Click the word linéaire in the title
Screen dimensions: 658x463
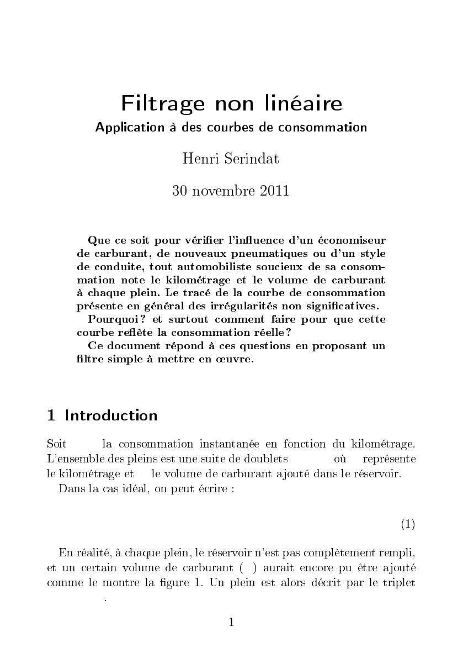[x=306, y=104]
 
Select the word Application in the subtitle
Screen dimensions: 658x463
[x=126, y=128]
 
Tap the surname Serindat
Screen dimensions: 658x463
[x=254, y=159]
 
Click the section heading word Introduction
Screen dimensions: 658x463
[x=111, y=416]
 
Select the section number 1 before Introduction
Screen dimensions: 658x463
[x=51, y=416]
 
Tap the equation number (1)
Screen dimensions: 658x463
[x=407, y=524]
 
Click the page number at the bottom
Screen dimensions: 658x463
[x=231, y=623]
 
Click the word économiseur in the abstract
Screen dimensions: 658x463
[x=354, y=240]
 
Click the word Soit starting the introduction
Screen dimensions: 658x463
[x=57, y=444]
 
